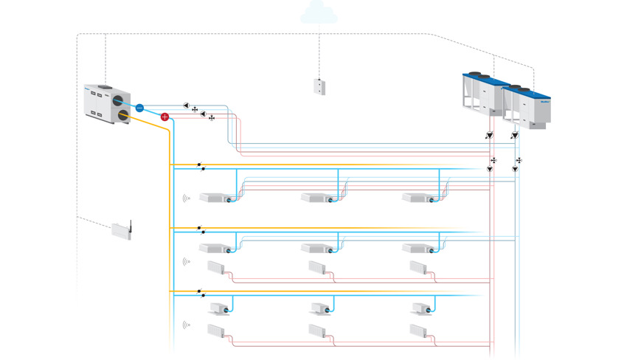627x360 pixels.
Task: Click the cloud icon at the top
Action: (319, 10)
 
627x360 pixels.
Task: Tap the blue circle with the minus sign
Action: (139, 108)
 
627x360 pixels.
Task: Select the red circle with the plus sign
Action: (164, 117)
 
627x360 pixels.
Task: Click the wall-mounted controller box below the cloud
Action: (319, 86)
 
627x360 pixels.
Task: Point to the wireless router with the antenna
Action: (122, 229)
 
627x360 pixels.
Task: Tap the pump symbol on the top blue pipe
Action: (187, 106)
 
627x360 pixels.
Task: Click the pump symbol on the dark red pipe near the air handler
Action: (203, 114)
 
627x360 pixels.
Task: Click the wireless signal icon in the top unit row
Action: (186, 198)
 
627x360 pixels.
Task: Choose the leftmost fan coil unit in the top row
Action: (216, 198)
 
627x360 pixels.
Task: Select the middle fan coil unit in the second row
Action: (319, 249)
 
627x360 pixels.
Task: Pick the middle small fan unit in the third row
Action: (320, 308)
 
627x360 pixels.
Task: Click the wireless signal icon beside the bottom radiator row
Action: (186, 325)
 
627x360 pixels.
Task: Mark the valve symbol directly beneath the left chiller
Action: (489, 136)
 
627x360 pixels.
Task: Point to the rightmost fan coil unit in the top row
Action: (420, 198)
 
